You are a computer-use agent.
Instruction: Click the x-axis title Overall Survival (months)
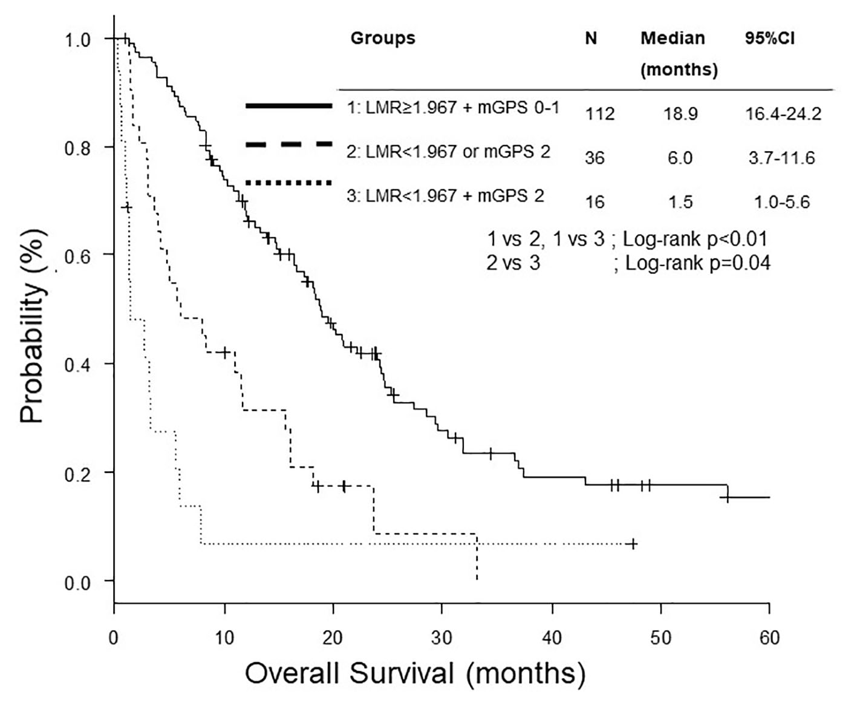(415, 673)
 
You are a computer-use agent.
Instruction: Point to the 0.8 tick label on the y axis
(77, 148)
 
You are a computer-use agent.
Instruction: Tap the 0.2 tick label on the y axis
(77, 472)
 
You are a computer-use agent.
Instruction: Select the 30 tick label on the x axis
(442, 637)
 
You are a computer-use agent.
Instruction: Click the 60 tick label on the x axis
(769, 637)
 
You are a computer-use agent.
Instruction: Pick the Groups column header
(383, 38)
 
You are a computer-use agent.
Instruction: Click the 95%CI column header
(770, 38)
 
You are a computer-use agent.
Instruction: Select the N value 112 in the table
(599, 113)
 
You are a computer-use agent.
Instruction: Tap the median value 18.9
(680, 113)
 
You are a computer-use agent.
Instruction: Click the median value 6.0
(680, 158)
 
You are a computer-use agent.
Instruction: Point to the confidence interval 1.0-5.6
(781, 202)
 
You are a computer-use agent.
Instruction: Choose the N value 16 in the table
(595, 202)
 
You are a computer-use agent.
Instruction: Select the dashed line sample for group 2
(288, 144)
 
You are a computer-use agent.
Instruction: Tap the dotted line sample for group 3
(288, 183)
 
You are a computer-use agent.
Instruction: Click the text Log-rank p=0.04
(697, 263)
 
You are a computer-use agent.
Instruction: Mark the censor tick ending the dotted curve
(633, 544)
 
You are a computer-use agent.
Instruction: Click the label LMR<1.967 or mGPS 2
(448, 151)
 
